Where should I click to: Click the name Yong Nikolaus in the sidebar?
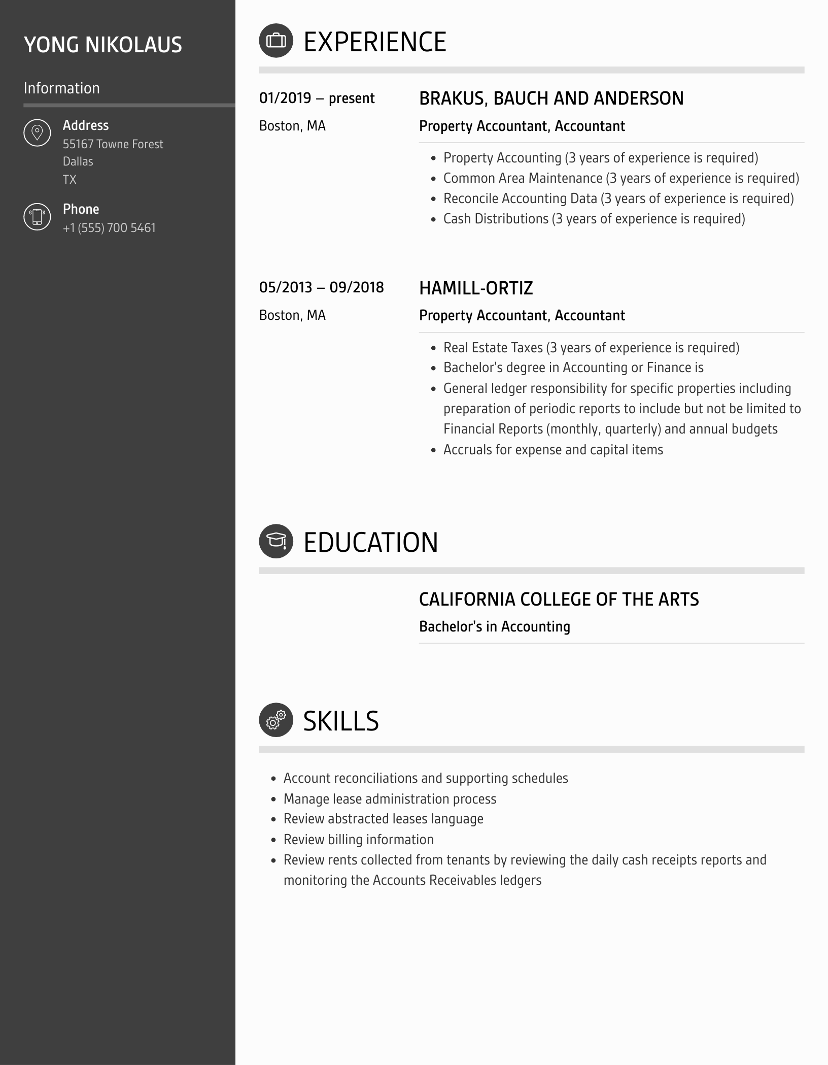click(103, 45)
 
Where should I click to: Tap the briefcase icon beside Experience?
click(276, 41)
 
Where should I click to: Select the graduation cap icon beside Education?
click(276, 541)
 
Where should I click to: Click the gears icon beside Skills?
click(276, 720)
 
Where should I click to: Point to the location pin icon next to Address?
click(37, 133)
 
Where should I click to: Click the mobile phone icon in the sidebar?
click(37, 217)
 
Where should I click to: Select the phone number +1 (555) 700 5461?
click(109, 228)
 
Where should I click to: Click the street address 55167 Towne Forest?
click(113, 144)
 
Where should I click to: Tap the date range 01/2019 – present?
click(317, 98)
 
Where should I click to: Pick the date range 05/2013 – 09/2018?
click(321, 287)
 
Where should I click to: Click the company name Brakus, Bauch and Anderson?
click(551, 98)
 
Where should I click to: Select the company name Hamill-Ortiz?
click(476, 288)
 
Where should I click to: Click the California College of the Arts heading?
click(559, 599)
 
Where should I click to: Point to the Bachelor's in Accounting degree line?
click(494, 626)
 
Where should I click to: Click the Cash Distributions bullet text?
click(594, 219)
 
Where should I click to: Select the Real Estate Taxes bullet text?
click(591, 348)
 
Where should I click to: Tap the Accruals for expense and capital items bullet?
click(553, 450)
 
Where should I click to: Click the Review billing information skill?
click(358, 840)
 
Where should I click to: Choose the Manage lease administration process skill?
click(390, 799)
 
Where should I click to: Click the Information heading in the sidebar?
click(61, 88)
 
